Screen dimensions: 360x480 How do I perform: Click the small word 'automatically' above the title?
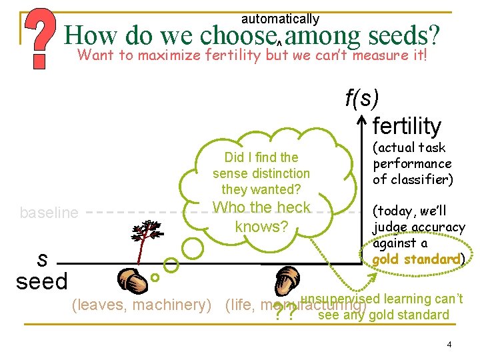(x=280, y=19)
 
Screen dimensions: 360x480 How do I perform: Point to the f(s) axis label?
(x=362, y=98)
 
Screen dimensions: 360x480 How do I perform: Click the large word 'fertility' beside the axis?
(x=407, y=125)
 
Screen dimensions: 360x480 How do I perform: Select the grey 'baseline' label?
(x=49, y=213)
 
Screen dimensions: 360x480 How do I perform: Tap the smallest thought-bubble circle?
(x=155, y=277)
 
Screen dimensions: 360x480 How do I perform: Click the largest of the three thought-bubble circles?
(x=193, y=247)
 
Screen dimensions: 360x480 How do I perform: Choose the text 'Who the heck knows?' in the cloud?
(x=261, y=217)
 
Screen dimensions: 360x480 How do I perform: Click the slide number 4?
(x=449, y=345)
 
